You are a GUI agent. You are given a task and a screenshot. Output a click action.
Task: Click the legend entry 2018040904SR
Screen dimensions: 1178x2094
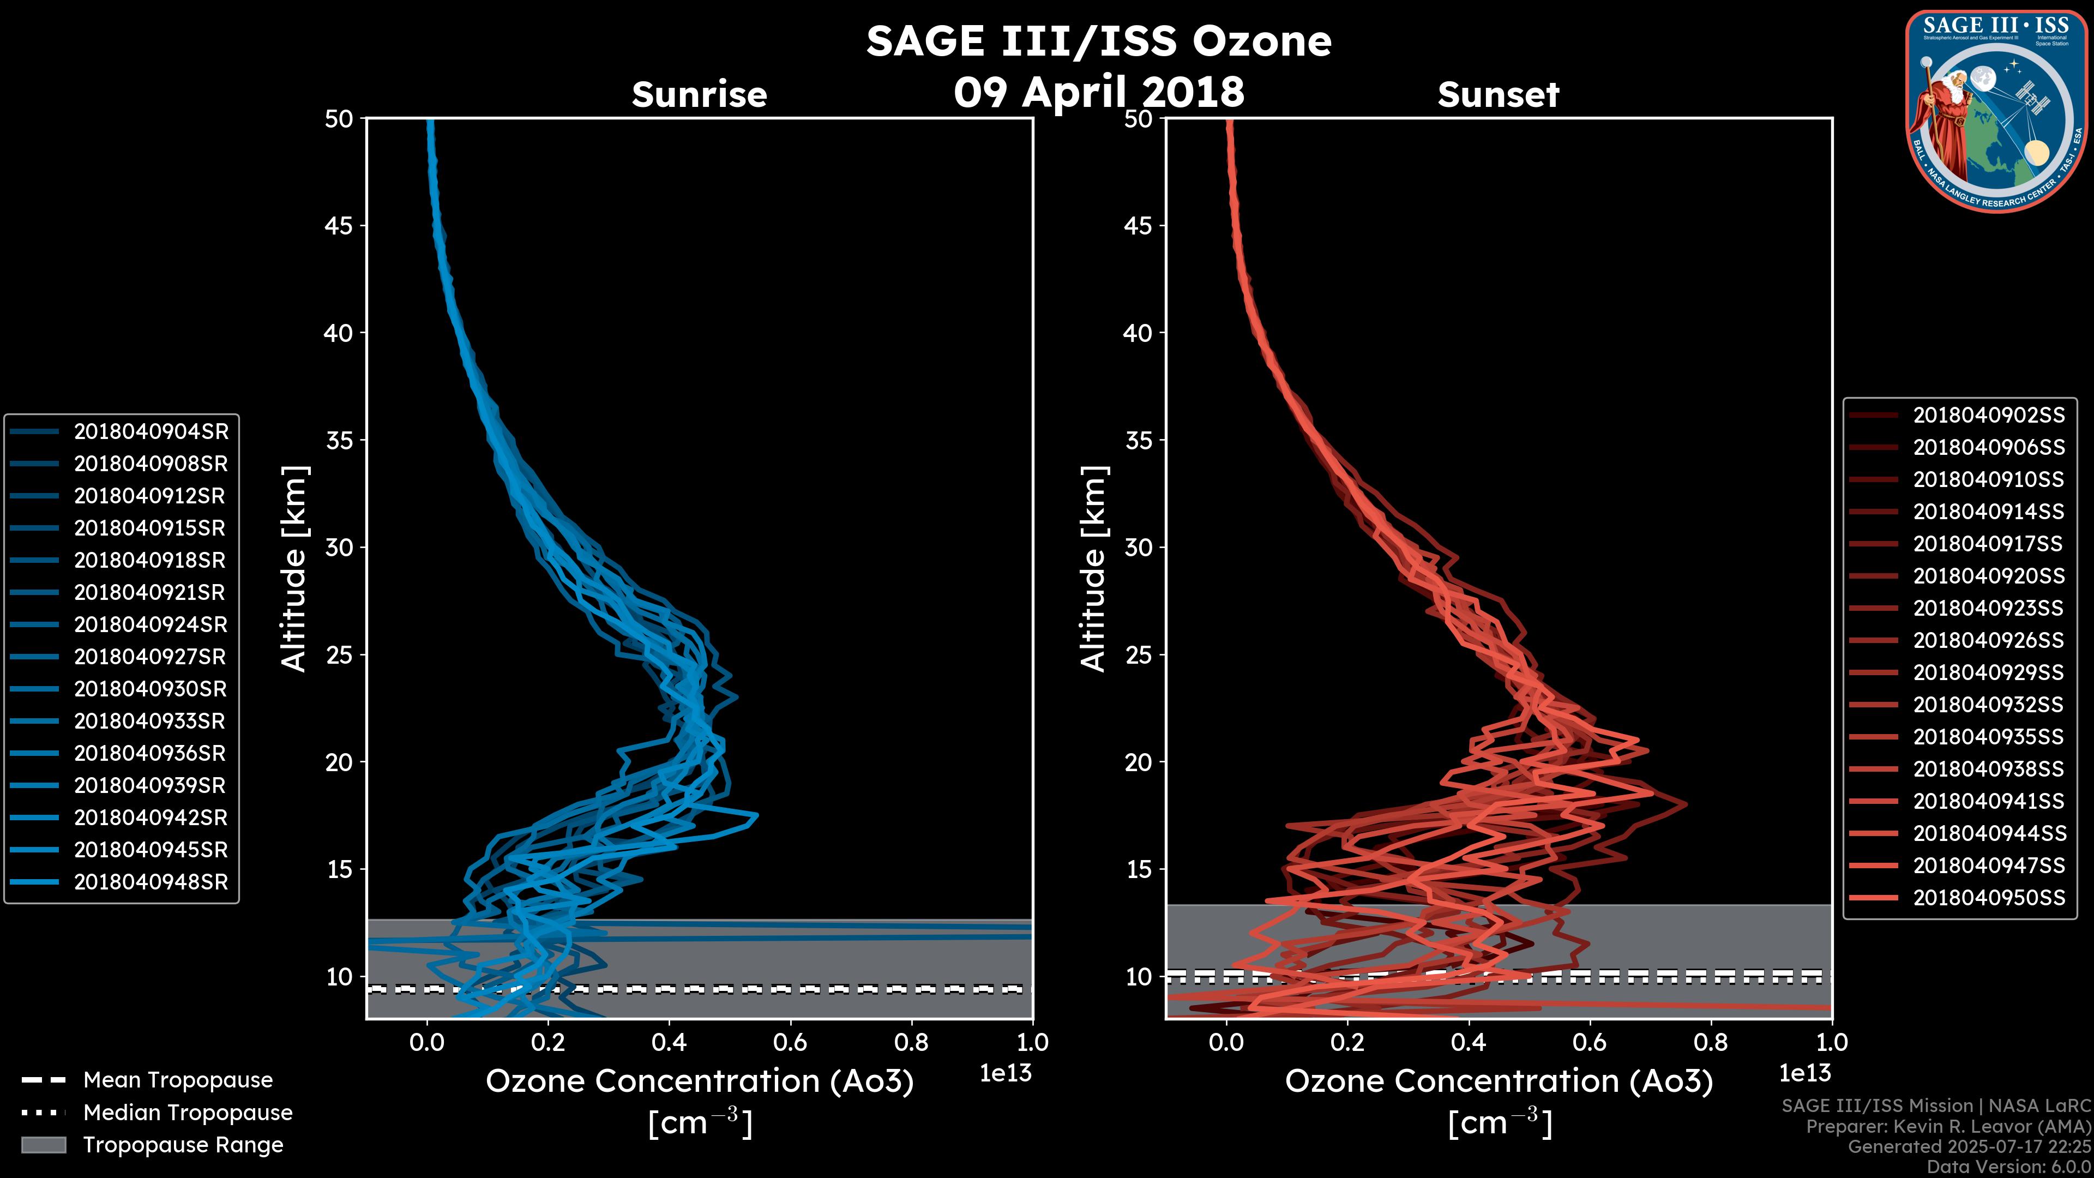(151, 432)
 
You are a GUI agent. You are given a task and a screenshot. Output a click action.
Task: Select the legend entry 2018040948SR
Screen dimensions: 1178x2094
(151, 882)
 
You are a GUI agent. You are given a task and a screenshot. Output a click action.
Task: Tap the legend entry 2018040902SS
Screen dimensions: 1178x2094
(1988, 416)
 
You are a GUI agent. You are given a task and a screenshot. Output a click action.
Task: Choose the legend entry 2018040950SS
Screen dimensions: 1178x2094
(1988, 898)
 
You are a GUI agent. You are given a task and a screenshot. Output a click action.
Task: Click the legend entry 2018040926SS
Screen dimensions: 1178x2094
(1988, 641)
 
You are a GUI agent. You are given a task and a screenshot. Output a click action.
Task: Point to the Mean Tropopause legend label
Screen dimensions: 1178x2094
(178, 1080)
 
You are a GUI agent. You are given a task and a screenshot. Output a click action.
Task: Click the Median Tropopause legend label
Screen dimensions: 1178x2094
(188, 1113)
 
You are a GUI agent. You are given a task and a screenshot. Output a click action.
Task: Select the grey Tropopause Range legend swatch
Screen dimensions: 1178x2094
(43, 1145)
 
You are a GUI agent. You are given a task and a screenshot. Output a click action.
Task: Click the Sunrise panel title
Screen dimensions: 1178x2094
(699, 95)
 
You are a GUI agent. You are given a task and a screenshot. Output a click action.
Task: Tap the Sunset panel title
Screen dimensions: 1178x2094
(1498, 95)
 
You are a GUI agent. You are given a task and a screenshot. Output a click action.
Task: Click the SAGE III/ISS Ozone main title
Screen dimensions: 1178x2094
(1098, 41)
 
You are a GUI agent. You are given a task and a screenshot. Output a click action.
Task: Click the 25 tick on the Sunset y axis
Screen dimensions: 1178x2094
(1139, 655)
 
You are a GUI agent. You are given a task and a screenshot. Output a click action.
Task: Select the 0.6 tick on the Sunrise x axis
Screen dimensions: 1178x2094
(790, 1042)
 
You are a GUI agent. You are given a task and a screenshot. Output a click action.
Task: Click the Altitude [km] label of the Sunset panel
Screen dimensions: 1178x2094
(1094, 569)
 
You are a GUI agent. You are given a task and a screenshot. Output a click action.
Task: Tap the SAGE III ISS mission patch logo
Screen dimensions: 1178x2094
(1996, 111)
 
